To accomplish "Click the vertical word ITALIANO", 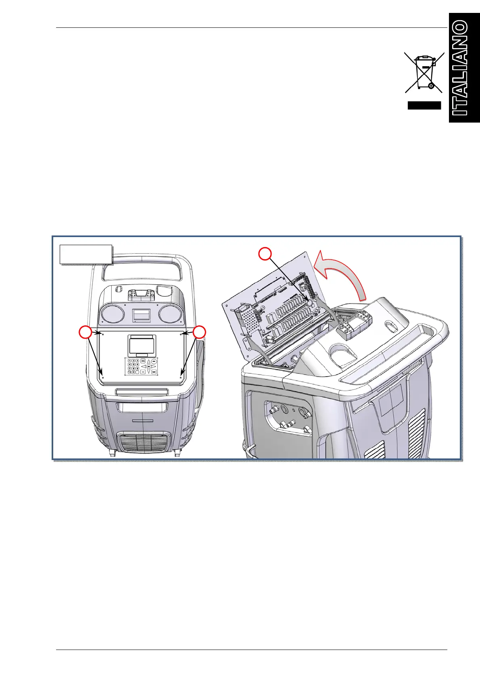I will pyautogui.click(x=461, y=69).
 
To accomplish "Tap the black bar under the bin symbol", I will pyautogui.click(x=424, y=105).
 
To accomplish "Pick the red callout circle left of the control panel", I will pyautogui.click(x=85, y=333).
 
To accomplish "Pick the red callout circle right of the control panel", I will pyautogui.click(x=199, y=333).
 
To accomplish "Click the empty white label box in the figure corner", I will pyautogui.click(x=86, y=254).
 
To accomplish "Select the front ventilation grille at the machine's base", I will pyautogui.click(x=142, y=442).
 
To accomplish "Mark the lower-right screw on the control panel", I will pyautogui.click(x=180, y=378).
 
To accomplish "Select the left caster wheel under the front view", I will pyautogui.click(x=112, y=453).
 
